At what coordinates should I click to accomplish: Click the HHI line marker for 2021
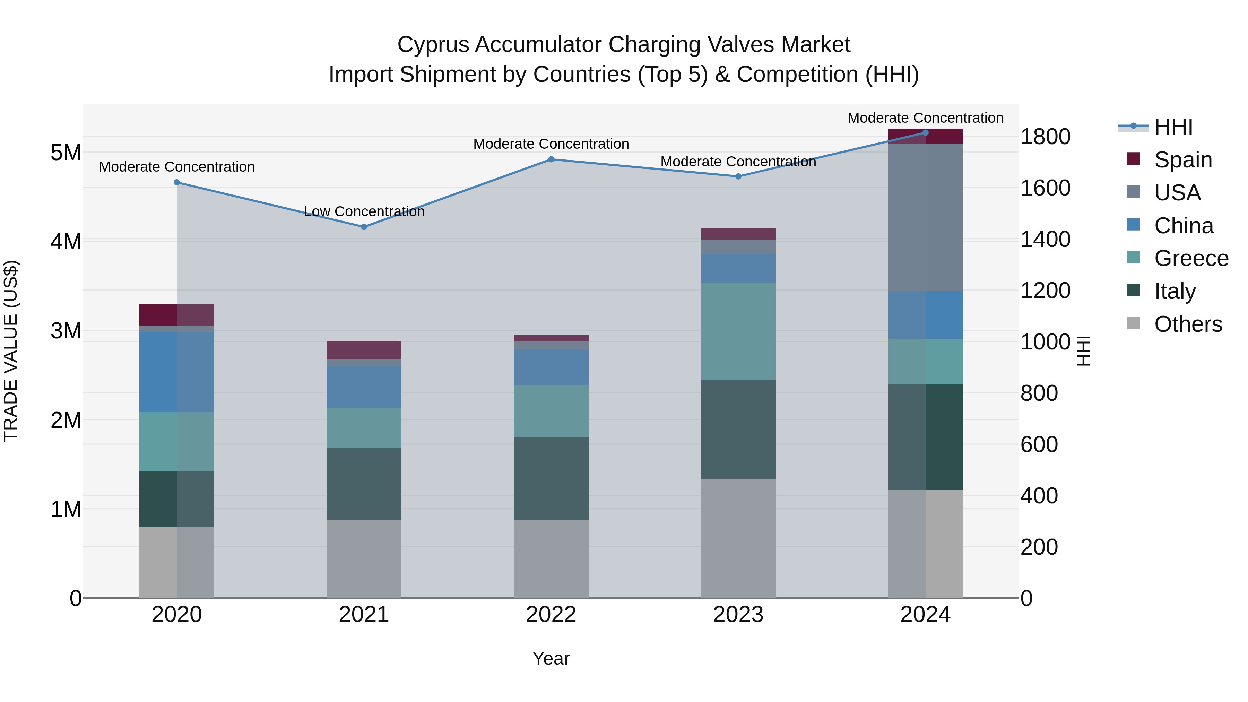[364, 227]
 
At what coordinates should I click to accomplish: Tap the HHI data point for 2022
[551, 159]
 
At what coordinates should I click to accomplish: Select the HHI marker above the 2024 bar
[925, 133]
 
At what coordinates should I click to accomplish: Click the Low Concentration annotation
[364, 212]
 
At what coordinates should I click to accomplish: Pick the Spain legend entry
[1182, 160]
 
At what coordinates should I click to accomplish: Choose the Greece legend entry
[1191, 258]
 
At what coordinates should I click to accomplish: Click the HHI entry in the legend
[1173, 127]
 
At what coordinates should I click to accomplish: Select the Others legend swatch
[1134, 323]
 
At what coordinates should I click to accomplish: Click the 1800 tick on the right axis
[1045, 137]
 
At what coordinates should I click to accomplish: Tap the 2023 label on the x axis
[738, 615]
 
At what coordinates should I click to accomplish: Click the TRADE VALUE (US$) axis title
[11, 351]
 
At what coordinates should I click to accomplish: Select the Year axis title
[551, 658]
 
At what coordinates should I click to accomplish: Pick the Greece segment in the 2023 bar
[738, 331]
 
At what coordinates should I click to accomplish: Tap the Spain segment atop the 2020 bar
[176, 315]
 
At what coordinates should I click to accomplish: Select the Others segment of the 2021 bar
[364, 558]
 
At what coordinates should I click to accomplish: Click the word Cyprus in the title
[433, 45]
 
